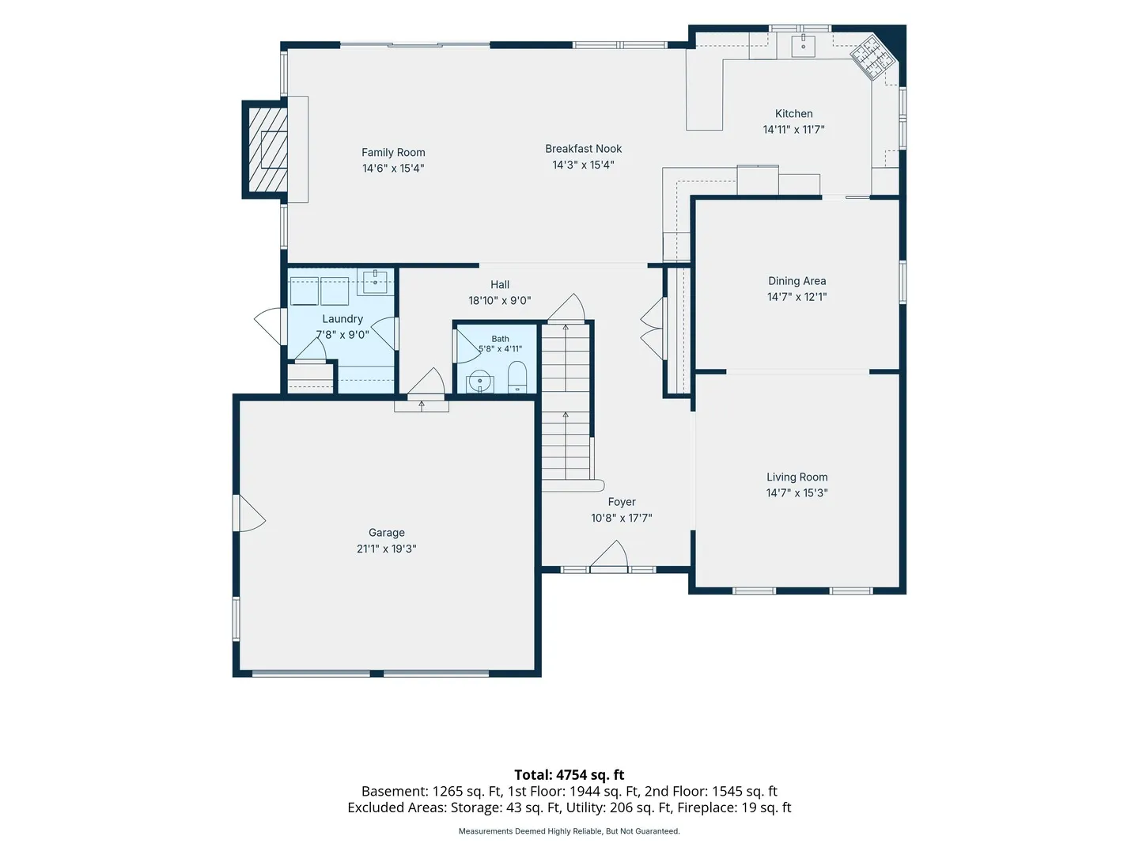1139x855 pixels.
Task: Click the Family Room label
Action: (x=393, y=152)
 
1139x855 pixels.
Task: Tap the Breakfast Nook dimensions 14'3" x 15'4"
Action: (x=583, y=165)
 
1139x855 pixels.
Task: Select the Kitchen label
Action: (x=793, y=114)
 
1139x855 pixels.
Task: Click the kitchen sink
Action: (x=803, y=46)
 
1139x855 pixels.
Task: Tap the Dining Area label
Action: (x=797, y=281)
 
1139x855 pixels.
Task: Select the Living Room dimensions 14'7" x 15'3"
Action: (x=797, y=492)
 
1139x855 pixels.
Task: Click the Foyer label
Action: (x=622, y=502)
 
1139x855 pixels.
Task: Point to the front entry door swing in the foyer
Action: (x=609, y=556)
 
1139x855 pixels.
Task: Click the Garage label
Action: (x=386, y=533)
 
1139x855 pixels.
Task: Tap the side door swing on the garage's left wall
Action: (x=249, y=513)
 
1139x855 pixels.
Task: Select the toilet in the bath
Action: (x=517, y=378)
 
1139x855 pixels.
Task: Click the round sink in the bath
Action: (x=480, y=382)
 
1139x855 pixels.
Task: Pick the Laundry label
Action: (x=342, y=319)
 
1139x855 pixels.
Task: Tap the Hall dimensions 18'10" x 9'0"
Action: (x=500, y=301)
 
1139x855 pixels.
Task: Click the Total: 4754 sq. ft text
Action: (x=569, y=775)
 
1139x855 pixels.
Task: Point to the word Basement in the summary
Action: (x=395, y=792)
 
